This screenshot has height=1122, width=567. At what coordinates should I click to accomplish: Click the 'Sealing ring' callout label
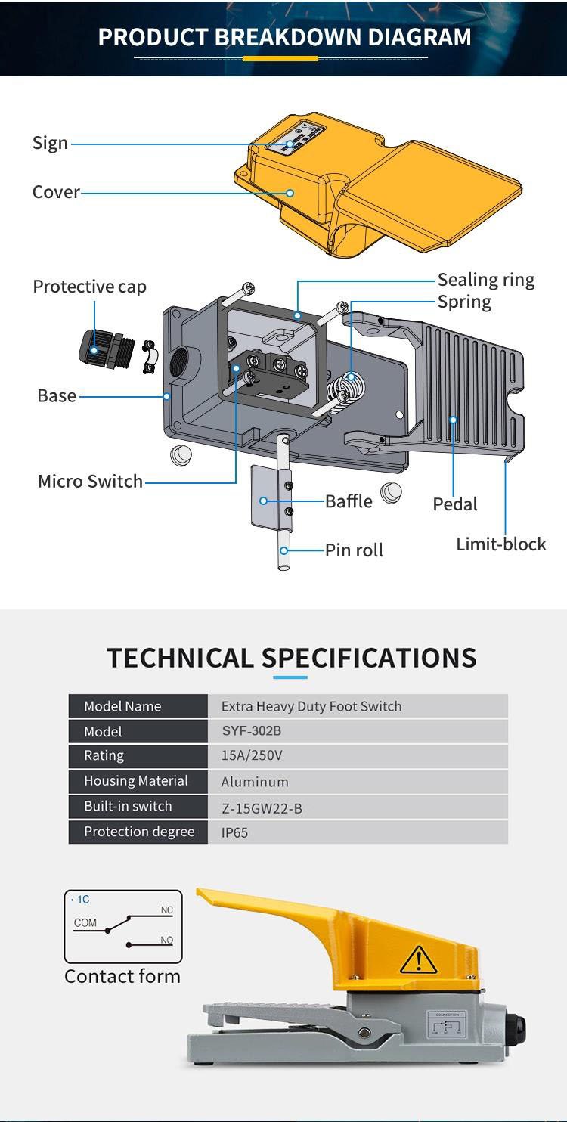485,280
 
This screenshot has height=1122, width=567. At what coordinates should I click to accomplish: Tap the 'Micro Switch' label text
90,482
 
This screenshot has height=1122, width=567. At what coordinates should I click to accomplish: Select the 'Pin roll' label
354,550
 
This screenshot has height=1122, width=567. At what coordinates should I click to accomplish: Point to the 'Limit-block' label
500,544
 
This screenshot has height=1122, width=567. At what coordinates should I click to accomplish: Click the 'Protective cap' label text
89,287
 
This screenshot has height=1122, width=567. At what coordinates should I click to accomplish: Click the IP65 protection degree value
234,832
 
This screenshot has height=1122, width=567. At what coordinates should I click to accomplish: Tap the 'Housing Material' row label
136,781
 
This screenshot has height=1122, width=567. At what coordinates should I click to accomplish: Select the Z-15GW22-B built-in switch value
262,808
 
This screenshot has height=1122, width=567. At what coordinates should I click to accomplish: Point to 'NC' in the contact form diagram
166,910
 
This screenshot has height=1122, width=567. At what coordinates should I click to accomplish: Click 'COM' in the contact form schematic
85,923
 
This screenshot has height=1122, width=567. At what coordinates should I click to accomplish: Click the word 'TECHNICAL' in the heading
180,658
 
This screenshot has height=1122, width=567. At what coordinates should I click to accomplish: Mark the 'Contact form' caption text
122,976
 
